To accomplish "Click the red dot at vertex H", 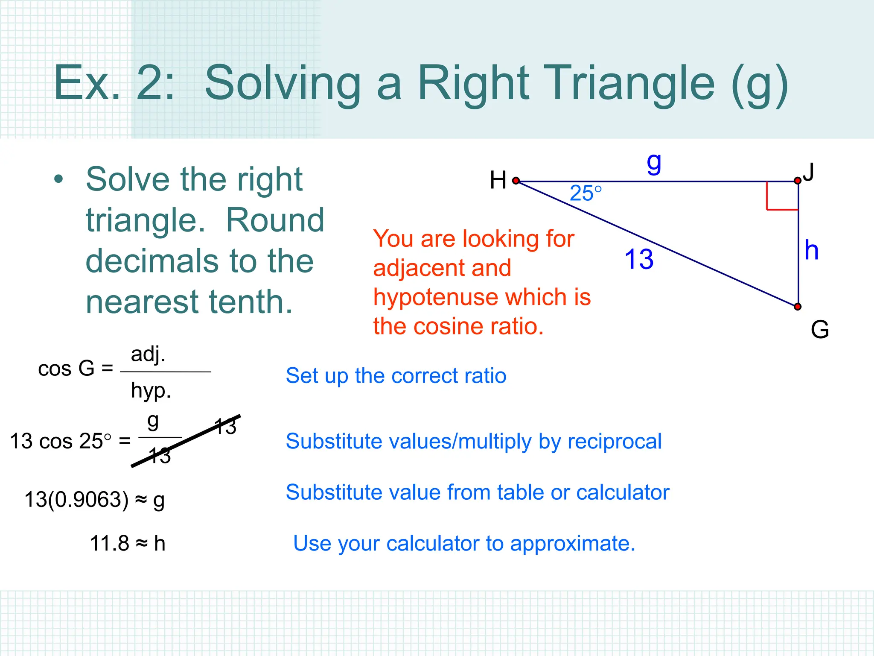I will click(x=516, y=181).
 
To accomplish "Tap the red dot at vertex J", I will click(x=797, y=181).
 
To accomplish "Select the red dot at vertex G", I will click(x=797, y=307).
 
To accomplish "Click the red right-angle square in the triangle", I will click(x=782, y=196).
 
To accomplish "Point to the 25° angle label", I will click(x=586, y=193).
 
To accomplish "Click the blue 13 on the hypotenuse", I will click(x=639, y=259).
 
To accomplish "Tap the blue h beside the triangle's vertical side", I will click(x=811, y=250).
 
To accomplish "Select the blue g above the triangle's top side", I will click(x=654, y=163).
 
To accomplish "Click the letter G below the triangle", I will click(x=819, y=330).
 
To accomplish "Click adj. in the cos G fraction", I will click(x=148, y=354).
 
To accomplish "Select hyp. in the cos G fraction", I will click(x=151, y=390).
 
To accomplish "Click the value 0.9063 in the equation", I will click(x=88, y=499).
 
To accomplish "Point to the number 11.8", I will click(x=109, y=544).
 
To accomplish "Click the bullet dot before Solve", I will click(x=58, y=180).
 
